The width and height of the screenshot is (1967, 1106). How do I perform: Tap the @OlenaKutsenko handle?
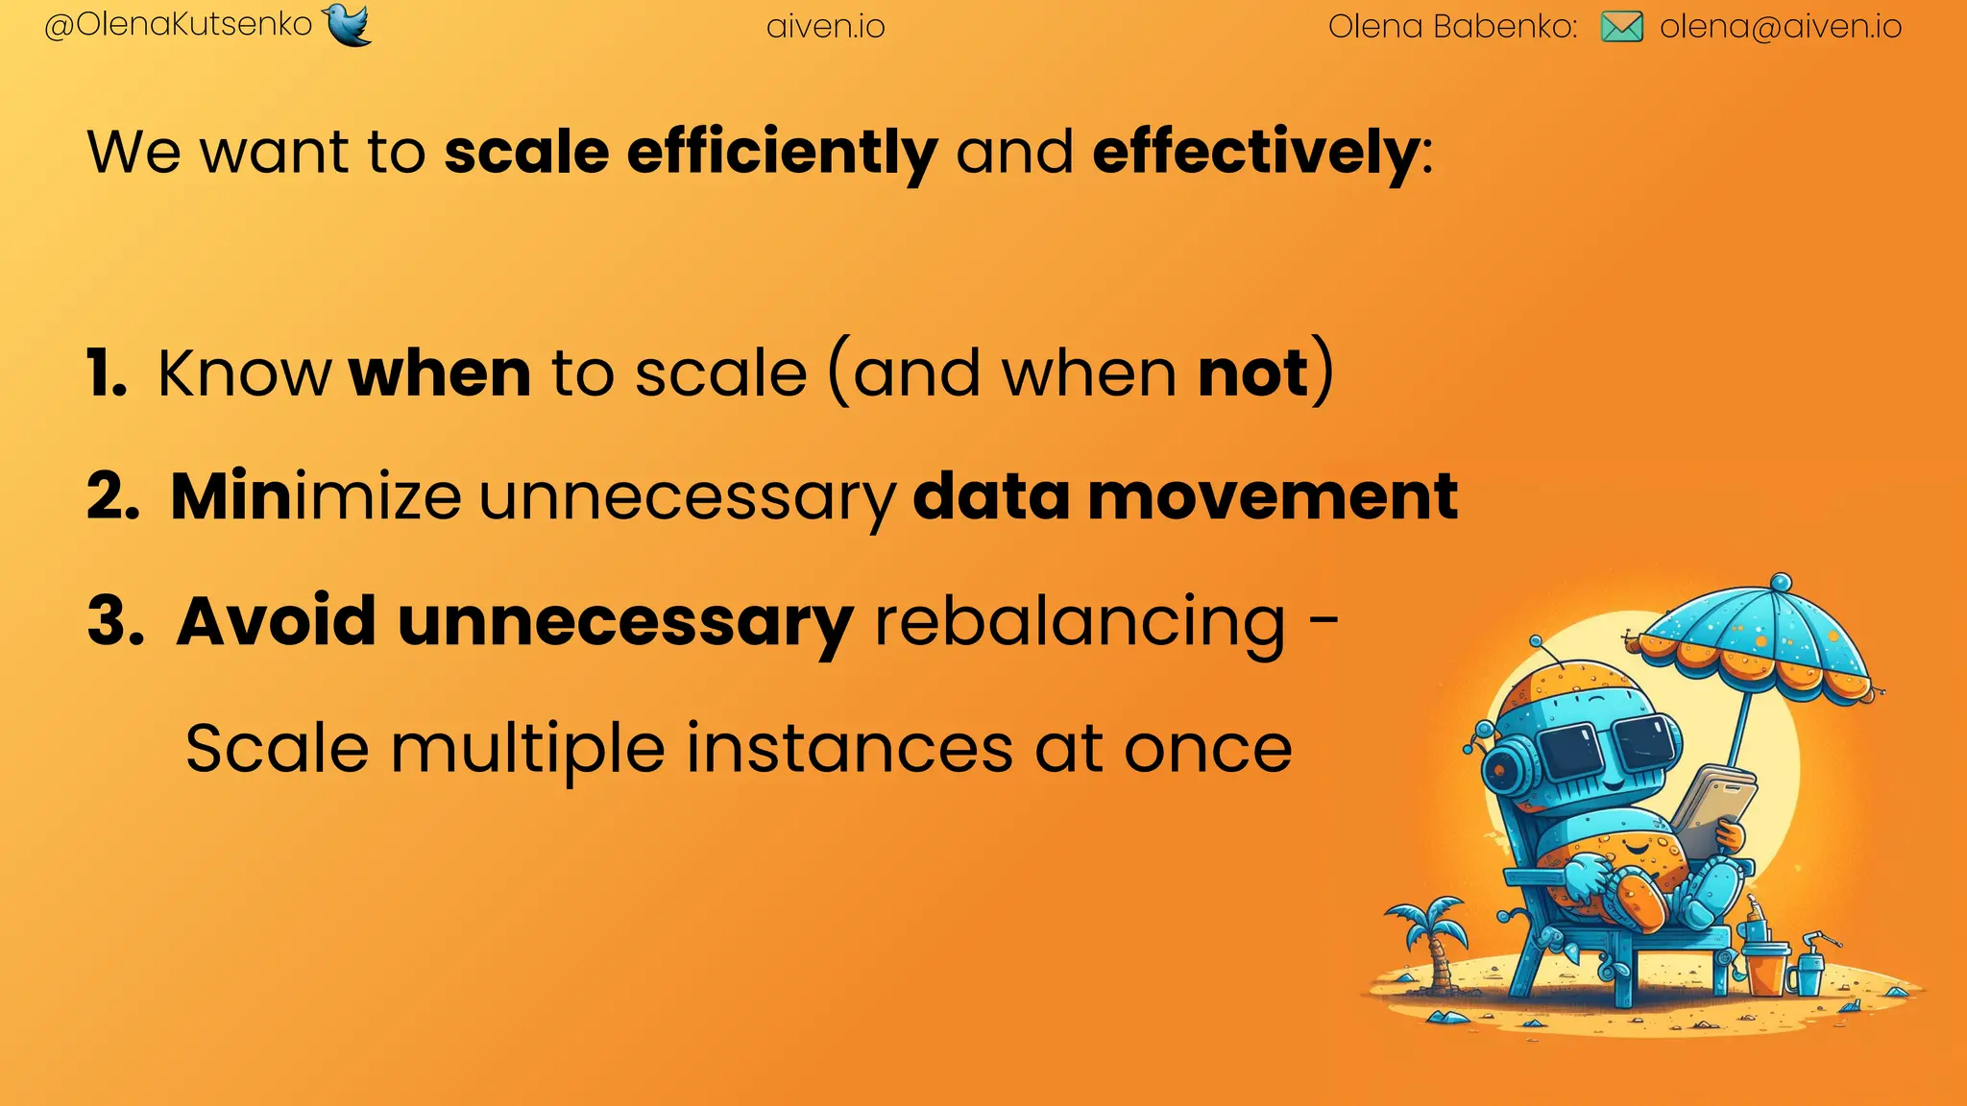click(179, 25)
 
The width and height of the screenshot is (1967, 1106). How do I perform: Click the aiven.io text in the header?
click(825, 27)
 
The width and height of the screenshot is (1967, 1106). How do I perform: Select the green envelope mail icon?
click(1621, 27)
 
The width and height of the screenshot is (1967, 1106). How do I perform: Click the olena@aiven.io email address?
click(1781, 27)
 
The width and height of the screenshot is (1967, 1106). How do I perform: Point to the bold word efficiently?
click(782, 154)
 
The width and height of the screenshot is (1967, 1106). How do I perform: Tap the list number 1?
click(105, 373)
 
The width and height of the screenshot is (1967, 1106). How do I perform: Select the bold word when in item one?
click(440, 373)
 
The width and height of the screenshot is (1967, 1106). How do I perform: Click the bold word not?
click(1253, 373)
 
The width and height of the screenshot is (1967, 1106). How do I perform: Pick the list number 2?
click(112, 497)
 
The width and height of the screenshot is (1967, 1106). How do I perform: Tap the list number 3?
click(114, 621)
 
